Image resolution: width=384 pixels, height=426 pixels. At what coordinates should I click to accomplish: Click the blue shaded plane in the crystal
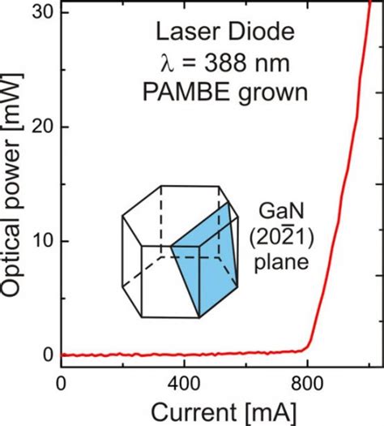coord(207,264)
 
